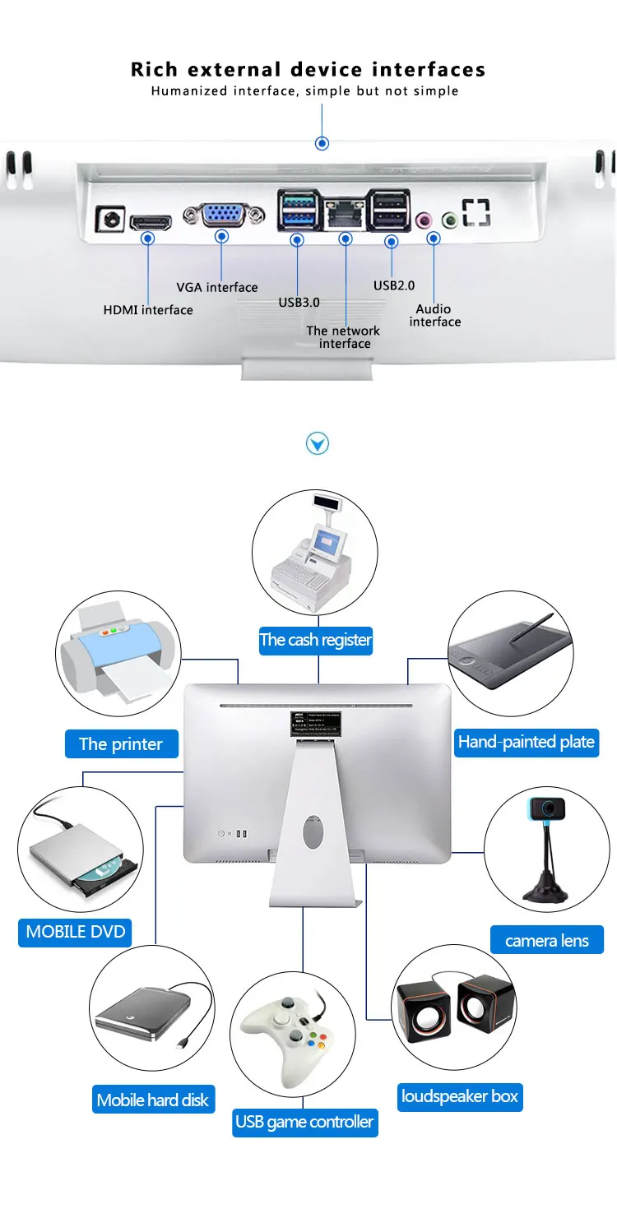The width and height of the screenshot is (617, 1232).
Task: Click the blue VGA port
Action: pos(222,216)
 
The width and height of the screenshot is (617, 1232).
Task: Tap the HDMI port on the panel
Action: pos(151,221)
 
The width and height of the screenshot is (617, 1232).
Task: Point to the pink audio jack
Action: pos(424,220)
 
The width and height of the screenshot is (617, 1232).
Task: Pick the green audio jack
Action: pos(450,220)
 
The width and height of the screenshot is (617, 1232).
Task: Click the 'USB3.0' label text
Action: pos(299,302)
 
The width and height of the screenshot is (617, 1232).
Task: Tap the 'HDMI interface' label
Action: pos(148,310)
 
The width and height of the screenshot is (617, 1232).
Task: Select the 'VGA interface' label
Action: pos(217,287)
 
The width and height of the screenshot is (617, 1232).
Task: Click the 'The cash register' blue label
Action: pos(316,640)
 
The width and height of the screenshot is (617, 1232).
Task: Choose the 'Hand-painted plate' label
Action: pos(527,742)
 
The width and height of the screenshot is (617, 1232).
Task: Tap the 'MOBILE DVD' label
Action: pos(76,932)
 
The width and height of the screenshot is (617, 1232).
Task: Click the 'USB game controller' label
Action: pos(304,1122)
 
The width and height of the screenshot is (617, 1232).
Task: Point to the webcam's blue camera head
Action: pos(546,808)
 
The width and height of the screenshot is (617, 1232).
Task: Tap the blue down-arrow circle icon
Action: pos(318,444)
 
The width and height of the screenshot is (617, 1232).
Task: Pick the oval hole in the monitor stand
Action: pos(313,831)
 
